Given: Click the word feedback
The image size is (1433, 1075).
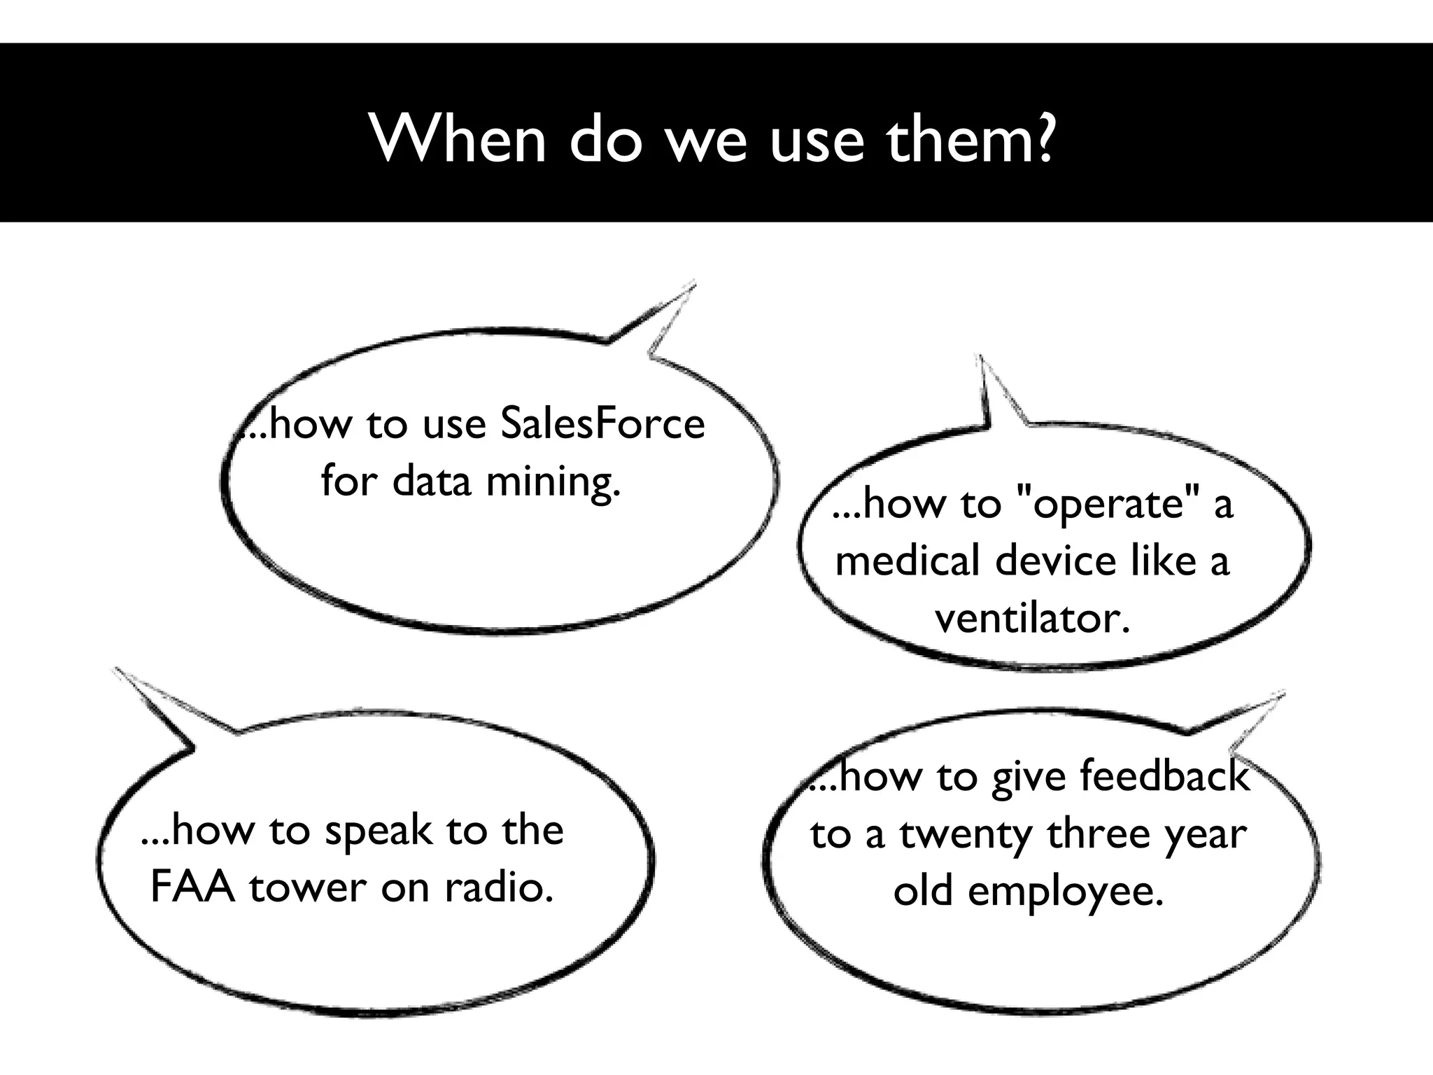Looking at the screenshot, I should pos(1164,776).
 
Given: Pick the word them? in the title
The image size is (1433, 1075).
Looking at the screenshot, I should pos(970,138).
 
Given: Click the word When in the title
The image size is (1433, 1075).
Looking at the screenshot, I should pos(458,138).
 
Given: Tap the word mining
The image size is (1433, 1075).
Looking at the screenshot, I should pos(553,482).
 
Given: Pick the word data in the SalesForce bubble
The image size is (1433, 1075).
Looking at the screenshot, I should pos(432,482).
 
